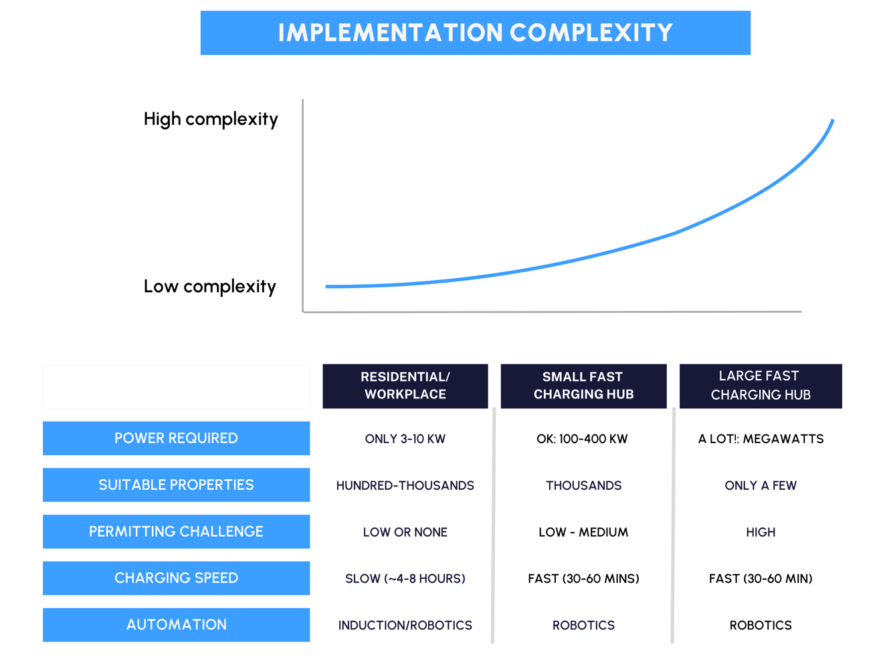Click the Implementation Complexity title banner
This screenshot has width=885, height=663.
[x=476, y=33]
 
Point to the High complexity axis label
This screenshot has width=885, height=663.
[x=211, y=119]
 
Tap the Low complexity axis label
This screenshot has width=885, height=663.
[x=209, y=287]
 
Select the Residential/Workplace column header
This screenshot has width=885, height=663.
[x=405, y=386]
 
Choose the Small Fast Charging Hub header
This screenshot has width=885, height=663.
[x=583, y=386]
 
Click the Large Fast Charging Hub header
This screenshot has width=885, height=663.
[x=761, y=386]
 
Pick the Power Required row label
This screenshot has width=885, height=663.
[x=176, y=438]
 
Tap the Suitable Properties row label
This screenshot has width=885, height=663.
[x=176, y=485]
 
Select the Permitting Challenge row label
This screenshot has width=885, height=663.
[x=176, y=531]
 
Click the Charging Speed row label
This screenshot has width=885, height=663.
[x=176, y=578]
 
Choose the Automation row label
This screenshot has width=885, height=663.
[x=176, y=625]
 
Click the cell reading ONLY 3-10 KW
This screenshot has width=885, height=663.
[x=405, y=438]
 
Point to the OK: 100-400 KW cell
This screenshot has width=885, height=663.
[x=582, y=438]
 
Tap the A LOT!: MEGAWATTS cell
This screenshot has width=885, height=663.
[x=761, y=438]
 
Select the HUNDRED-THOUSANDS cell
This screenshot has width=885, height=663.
[x=405, y=485]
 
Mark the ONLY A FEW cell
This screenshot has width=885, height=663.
[x=761, y=485]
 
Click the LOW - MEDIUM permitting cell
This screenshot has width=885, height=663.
[x=583, y=532]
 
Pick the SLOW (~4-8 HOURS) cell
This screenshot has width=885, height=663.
[x=405, y=579]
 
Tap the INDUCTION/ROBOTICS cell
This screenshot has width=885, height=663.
[x=405, y=625]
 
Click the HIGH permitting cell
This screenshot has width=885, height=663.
[x=761, y=532]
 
